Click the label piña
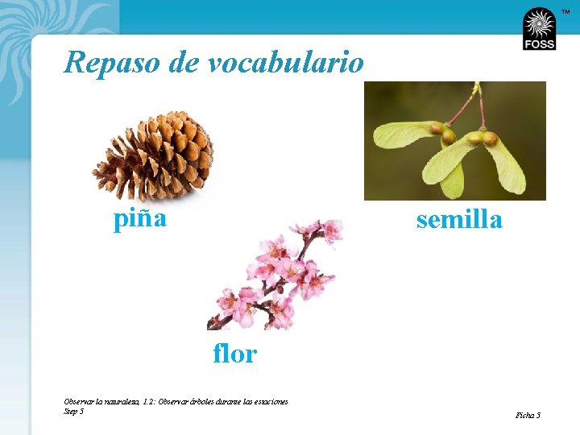coord(140,218)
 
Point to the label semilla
coord(459,219)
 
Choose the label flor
coord(234,353)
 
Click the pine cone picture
coord(153,156)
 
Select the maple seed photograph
coord(455,141)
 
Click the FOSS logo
coord(539,30)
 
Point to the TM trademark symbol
coord(565,10)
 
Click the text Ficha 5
coord(528,416)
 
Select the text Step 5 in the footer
coord(73,411)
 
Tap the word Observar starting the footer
coord(79,401)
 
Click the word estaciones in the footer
coord(269,401)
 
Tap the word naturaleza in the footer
coord(118,401)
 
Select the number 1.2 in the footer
coord(148,401)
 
